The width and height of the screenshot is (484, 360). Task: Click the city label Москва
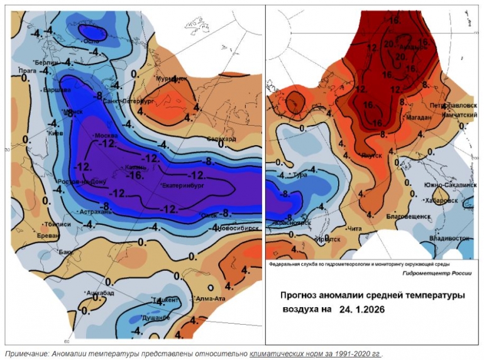[x=106, y=136]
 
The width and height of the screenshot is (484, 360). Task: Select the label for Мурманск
[x=172, y=79]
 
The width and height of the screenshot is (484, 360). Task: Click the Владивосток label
[x=451, y=239]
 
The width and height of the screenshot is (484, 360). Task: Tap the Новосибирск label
[x=238, y=228]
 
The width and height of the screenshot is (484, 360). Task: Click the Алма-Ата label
[x=210, y=298]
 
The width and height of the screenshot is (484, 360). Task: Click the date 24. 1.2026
[x=361, y=310]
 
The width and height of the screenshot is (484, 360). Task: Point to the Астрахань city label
[x=94, y=212]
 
